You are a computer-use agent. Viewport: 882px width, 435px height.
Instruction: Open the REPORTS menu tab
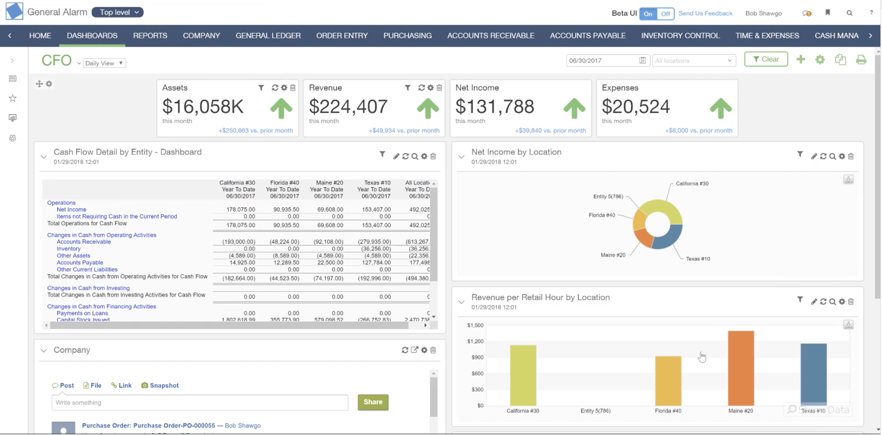click(150, 36)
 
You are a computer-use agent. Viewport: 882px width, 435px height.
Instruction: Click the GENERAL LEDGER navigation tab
click(268, 36)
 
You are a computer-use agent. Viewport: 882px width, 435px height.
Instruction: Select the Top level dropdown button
click(118, 12)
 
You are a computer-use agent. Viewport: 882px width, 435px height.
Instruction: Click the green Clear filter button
click(766, 59)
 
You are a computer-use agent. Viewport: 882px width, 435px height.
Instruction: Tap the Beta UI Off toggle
click(665, 14)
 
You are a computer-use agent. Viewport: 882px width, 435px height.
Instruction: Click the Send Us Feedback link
click(705, 13)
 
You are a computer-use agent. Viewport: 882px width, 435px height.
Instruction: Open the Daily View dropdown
click(104, 63)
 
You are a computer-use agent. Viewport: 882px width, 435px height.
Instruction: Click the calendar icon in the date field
click(642, 60)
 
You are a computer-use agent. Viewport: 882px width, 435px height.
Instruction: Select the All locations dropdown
click(693, 60)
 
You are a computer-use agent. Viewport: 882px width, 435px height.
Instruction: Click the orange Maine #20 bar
click(740, 368)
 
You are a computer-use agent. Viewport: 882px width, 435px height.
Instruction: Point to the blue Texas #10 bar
click(813, 374)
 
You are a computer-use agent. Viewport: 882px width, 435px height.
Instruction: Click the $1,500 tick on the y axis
click(475, 325)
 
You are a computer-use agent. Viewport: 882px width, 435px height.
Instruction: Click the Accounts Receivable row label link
click(83, 242)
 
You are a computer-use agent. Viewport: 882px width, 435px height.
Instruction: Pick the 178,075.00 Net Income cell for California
click(240, 209)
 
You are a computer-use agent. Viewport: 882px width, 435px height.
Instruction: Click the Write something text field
click(199, 403)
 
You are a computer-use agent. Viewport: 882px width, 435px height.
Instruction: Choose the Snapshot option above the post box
click(160, 385)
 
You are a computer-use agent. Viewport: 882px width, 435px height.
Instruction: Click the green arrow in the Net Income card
click(573, 108)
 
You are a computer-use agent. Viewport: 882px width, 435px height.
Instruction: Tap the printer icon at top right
click(860, 60)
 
